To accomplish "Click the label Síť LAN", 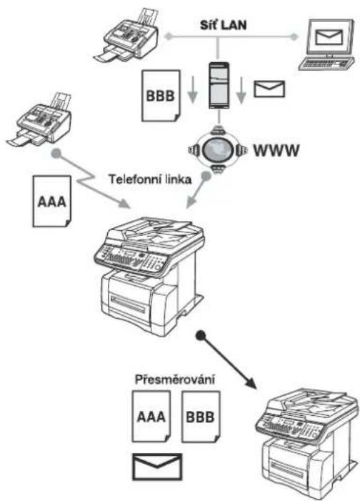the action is pos(224,25).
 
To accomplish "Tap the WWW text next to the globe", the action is pos(276,151).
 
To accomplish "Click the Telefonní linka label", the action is pos(150,179).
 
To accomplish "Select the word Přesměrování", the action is pos(175,380).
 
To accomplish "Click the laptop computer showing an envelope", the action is pos(327,45).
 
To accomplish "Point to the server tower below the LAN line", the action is pos(219,86).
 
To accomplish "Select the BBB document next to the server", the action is pos(161,96).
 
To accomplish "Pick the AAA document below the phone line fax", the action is pos(51,202).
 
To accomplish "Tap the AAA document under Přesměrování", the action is pos(151,417).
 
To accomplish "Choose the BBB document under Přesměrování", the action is pos(201,417).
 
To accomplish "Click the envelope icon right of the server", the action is pos(269,89).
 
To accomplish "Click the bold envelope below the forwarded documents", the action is pos(157,467).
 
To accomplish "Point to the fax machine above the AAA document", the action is pos(41,121).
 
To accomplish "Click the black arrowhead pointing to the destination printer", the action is pos(251,383).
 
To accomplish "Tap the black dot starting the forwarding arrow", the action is pos(200,335).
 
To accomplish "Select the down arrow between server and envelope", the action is pos(241,91).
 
